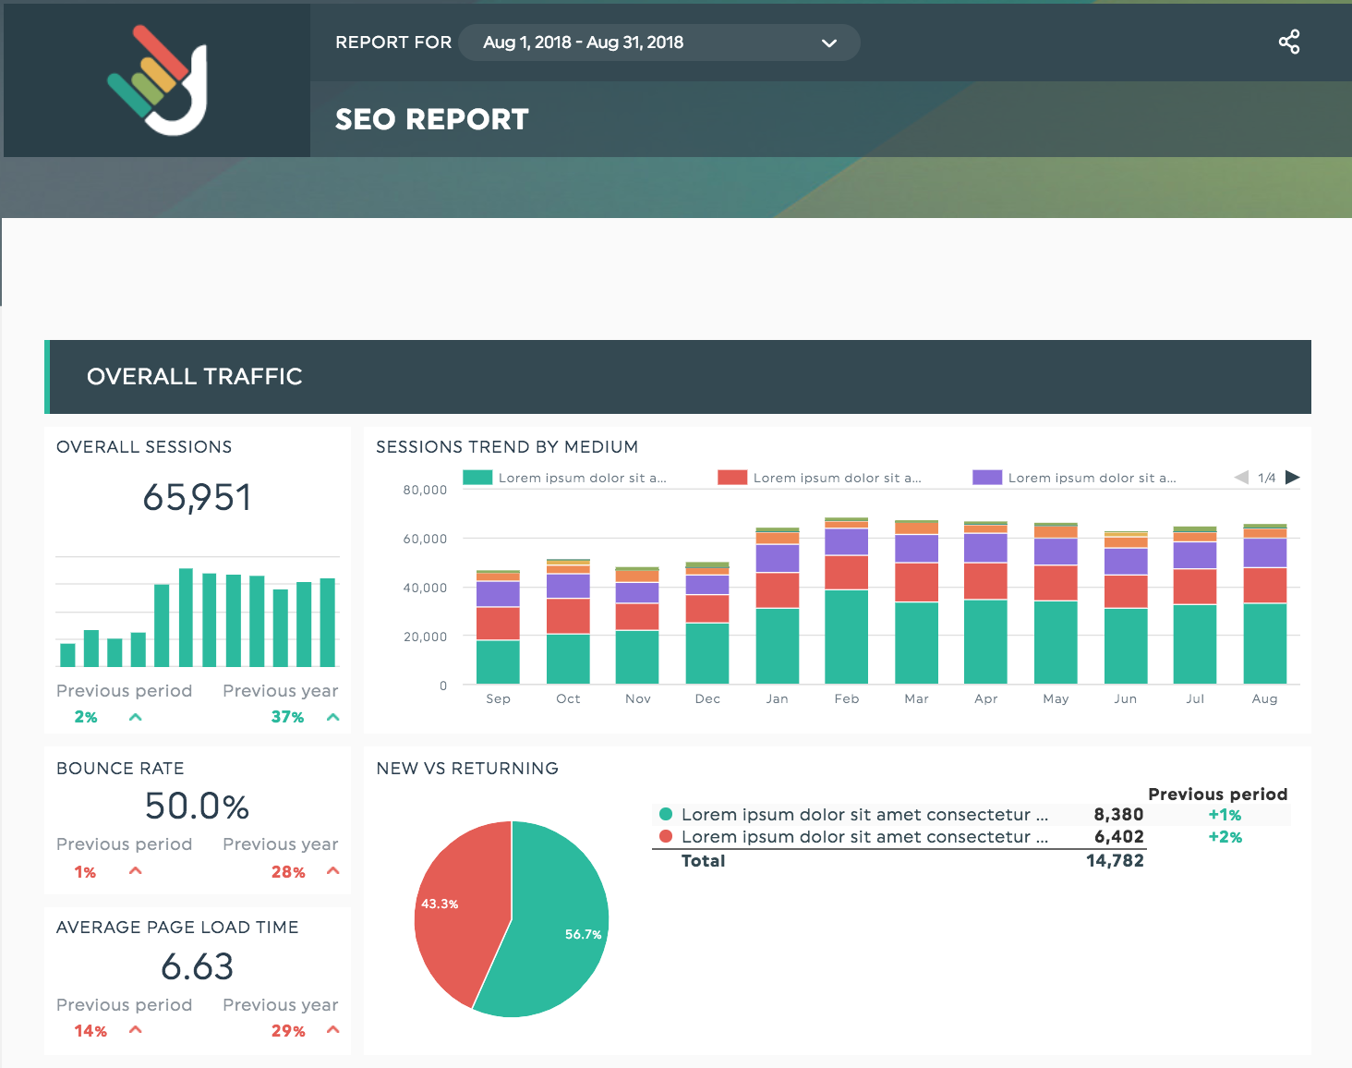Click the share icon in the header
[1289, 42]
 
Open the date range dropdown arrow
[829, 43]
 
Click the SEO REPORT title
[431, 119]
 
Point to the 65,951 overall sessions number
[197, 498]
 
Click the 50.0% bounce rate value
[197, 807]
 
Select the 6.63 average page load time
[197, 967]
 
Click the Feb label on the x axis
[847, 699]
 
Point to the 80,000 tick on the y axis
[425, 490]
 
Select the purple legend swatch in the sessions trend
[987, 478]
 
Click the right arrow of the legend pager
[1293, 478]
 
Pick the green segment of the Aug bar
[1265, 643]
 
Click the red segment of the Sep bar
[498, 624]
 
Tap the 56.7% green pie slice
[554, 933]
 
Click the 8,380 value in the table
[1118, 815]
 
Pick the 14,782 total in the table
[1115, 861]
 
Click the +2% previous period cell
[1225, 837]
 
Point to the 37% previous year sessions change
[287, 717]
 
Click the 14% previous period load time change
[91, 1031]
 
